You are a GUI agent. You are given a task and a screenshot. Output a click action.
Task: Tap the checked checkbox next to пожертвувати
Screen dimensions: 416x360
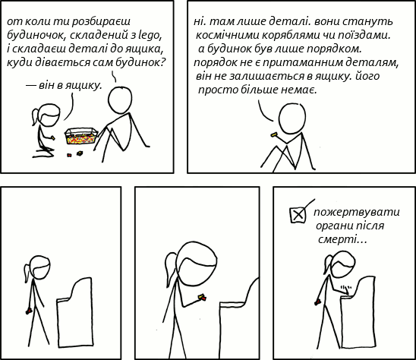click(298, 215)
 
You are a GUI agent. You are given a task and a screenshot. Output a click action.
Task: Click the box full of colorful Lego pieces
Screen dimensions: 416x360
click(81, 136)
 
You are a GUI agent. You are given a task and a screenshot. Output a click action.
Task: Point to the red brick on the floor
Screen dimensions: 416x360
click(69, 155)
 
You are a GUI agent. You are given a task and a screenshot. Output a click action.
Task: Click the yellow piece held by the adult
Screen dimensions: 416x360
click(274, 134)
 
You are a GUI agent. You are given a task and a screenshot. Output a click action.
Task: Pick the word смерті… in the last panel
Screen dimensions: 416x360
click(342, 239)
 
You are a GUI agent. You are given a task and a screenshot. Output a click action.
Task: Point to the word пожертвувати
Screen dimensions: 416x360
click(357, 212)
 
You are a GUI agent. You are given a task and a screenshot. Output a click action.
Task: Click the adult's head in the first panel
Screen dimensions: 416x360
click(120, 99)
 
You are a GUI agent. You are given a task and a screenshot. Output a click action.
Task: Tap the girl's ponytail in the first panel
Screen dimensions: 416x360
click(36, 117)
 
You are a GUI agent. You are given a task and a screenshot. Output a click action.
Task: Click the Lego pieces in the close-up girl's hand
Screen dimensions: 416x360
click(202, 297)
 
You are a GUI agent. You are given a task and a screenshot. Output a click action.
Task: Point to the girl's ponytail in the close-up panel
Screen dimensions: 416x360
click(170, 269)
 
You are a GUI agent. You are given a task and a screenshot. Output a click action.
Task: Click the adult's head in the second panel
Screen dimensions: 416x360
click(292, 118)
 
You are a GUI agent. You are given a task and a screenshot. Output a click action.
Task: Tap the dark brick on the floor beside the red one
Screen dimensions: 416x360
click(79, 153)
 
